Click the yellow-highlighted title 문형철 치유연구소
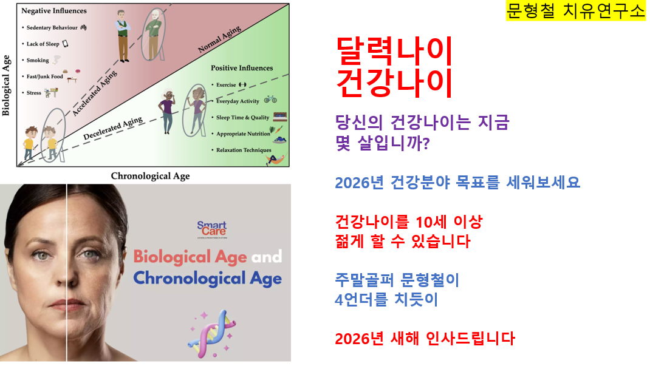(575, 11)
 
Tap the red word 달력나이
(394, 51)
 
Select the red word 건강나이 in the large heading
(394, 83)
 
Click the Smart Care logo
(212, 229)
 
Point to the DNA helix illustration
(211, 334)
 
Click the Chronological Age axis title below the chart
(150, 176)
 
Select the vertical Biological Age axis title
(6, 86)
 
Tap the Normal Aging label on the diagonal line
(219, 39)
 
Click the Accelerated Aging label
(95, 93)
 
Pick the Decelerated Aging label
(113, 128)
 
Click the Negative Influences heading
(54, 11)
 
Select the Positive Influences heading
(242, 68)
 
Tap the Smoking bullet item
(38, 60)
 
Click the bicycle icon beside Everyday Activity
(270, 99)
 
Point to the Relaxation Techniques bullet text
(244, 150)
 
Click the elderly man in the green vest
(123, 36)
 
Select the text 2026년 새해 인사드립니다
(425, 339)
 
